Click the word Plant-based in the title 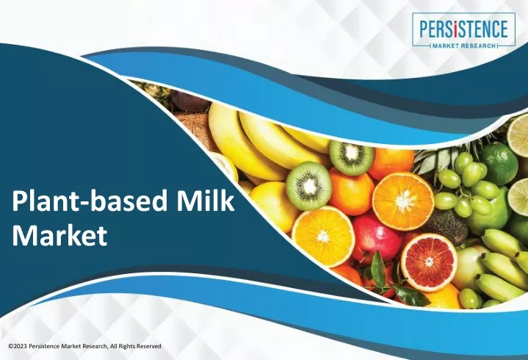coord(90,201)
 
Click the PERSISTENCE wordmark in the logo coord(463,29)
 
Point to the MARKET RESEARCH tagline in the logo coord(463,46)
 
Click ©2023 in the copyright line coord(18,346)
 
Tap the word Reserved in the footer coord(151,346)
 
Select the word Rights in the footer coord(130,346)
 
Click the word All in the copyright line coord(115,346)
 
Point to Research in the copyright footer coord(96,346)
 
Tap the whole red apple coord(375,239)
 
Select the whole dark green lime coord(499,163)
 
